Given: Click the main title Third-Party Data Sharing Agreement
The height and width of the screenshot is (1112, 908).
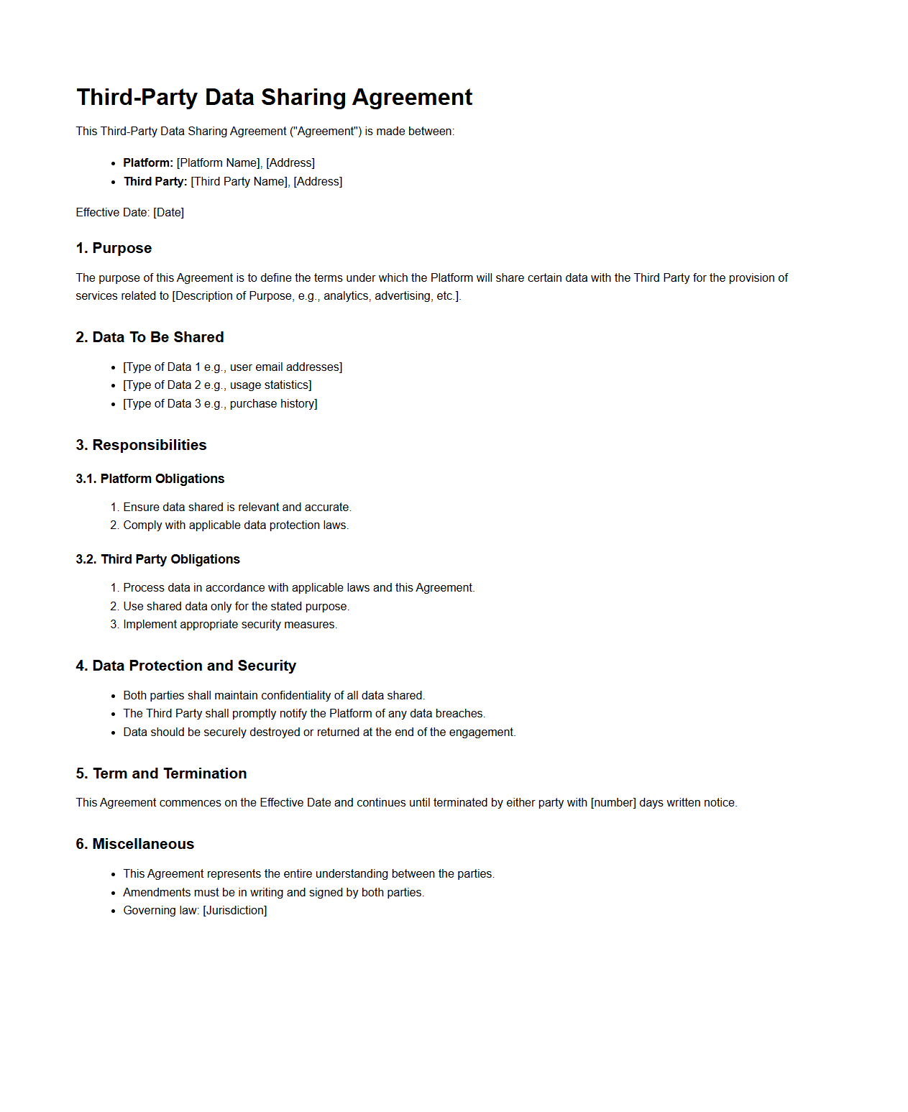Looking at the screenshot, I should [274, 98].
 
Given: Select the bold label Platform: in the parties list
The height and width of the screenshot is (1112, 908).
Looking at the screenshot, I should [148, 163].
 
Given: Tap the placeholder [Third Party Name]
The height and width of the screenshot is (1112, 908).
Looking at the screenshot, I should [239, 182].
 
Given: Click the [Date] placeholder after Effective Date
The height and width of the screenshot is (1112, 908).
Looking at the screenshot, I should [169, 213].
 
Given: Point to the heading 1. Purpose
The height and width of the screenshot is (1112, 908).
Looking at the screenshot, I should [114, 249].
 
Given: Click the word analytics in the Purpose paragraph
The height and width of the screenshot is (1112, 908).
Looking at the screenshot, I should [346, 296].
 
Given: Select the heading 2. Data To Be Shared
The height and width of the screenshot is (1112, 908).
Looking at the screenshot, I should [150, 338].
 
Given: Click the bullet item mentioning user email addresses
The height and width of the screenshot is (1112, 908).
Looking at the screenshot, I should [232, 367].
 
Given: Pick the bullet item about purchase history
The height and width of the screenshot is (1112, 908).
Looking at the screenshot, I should [220, 404].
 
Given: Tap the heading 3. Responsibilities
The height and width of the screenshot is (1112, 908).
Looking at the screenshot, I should [141, 446].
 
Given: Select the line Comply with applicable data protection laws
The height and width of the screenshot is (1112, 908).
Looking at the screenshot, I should [236, 525].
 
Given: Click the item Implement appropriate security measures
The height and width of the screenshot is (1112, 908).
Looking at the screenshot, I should [230, 625].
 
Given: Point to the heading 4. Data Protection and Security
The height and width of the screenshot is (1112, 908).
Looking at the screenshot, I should [185, 666].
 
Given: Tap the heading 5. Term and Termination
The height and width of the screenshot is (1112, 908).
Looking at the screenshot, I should [161, 774].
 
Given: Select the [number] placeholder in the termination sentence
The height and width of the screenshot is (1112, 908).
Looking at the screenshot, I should [613, 803].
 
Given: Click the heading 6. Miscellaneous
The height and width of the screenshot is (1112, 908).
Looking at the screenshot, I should [134, 845].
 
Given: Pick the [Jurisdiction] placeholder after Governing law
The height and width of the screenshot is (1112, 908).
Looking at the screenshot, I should [235, 911].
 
